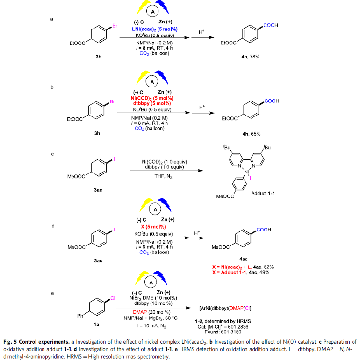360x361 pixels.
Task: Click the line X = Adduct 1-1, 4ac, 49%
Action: (x=245, y=272)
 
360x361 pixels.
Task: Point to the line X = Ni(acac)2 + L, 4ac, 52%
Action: (x=245, y=266)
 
